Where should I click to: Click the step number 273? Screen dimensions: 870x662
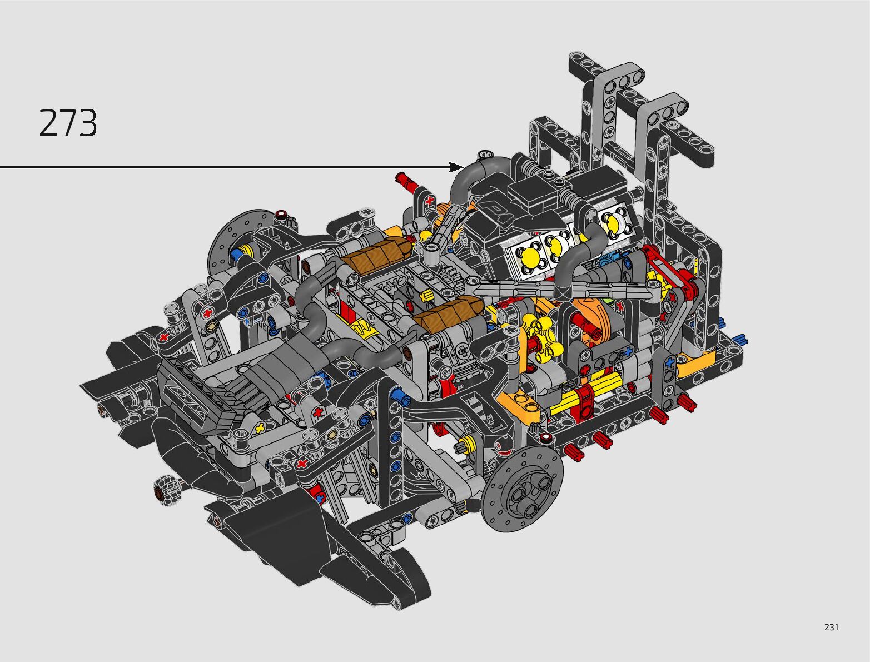click(x=68, y=123)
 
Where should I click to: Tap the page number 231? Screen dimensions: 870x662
click(x=832, y=627)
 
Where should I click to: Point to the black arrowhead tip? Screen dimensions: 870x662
click(x=464, y=167)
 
